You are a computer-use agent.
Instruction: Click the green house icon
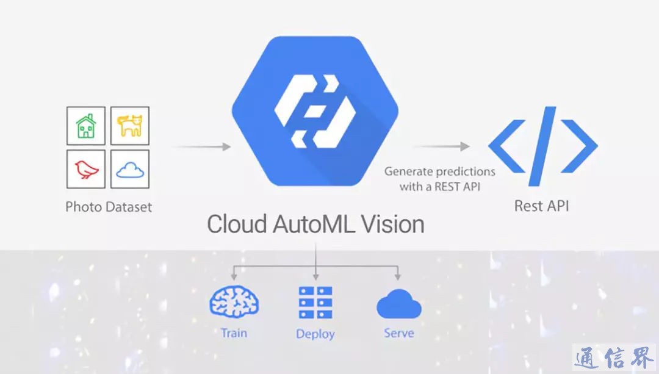[85, 126]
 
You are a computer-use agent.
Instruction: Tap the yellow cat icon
[129, 126]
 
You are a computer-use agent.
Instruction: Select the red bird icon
[85, 170]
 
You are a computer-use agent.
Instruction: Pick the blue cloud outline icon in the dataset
[129, 170]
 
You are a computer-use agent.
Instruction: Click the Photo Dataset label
[109, 206]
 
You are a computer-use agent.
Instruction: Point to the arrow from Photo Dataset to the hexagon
[201, 147]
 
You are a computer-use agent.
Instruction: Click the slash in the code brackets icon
[542, 146]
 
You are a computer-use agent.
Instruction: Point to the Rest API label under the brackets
[542, 206]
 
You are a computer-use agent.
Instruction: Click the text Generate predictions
[439, 171]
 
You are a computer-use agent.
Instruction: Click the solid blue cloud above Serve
[398, 304]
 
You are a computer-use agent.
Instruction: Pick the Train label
[234, 333]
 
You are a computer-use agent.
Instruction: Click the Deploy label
[315, 334]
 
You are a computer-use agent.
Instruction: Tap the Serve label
[398, 333]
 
